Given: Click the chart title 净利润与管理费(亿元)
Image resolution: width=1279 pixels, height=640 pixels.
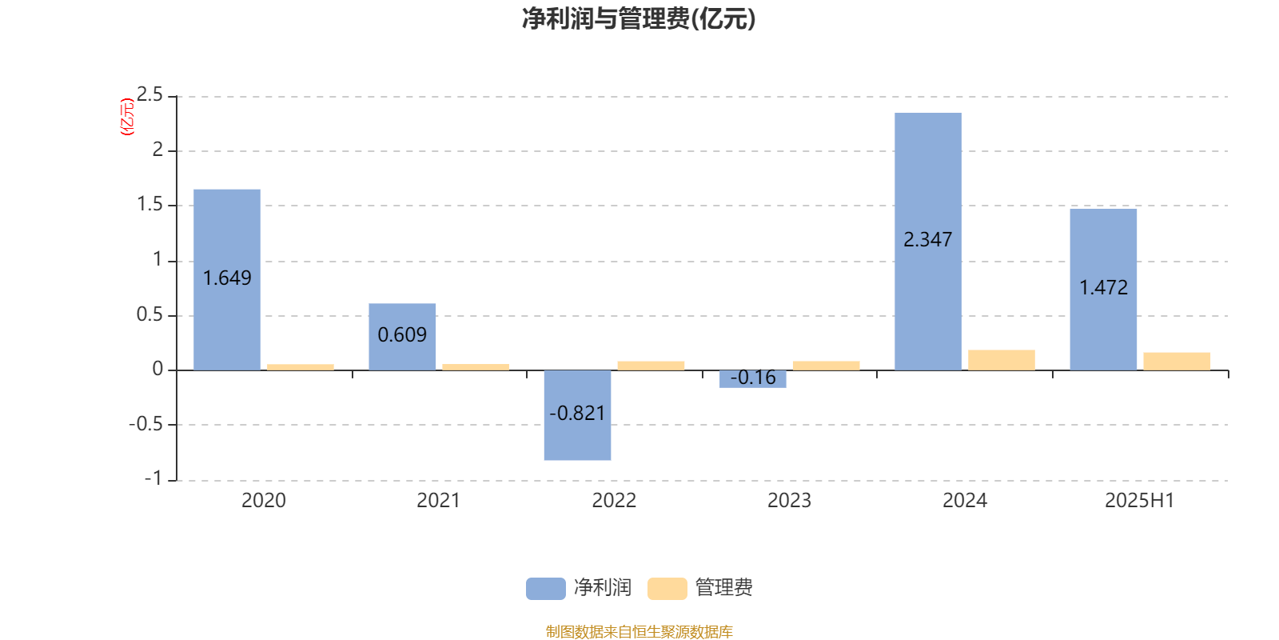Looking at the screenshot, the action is (639, 19).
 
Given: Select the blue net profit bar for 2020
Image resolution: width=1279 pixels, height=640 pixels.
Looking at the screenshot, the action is (227, 280).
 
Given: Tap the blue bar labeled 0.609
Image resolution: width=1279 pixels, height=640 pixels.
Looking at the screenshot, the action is (402, 337).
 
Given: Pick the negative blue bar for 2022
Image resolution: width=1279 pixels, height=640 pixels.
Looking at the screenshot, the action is (577, 415).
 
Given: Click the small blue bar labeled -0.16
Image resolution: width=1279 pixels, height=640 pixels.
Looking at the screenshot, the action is (752, 379).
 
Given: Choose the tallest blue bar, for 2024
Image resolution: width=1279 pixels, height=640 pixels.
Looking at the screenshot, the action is (928, 242).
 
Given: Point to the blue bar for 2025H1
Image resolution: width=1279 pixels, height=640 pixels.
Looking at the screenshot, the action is (1103, 290).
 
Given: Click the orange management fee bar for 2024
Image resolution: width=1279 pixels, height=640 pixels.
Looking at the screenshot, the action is (1002, 360).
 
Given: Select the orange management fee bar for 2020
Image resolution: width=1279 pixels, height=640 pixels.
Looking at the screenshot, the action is (301, 367).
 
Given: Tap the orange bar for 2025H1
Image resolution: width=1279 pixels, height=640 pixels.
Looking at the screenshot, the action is (1177, 361).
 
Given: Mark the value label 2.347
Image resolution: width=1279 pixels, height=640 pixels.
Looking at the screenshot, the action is (928, 239).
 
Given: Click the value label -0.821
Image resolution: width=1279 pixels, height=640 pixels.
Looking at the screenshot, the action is (577, 413).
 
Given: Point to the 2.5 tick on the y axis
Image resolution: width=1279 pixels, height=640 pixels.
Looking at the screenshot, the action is (149, 94).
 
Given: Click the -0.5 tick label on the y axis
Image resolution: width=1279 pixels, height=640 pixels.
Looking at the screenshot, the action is (146, 424).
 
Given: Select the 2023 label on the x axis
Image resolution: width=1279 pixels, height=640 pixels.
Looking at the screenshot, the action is (789, 501).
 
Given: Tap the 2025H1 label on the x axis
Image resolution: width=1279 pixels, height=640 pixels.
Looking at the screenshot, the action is (1140, 501).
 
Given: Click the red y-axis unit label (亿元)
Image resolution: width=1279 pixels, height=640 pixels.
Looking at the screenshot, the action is (127, 117).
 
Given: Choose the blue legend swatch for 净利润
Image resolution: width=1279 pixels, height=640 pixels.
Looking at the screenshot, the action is (546, 589).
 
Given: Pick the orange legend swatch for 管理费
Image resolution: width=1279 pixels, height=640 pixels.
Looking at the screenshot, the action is (667, 589).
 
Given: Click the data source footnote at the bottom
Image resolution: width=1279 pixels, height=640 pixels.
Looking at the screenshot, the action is (639, 631).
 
